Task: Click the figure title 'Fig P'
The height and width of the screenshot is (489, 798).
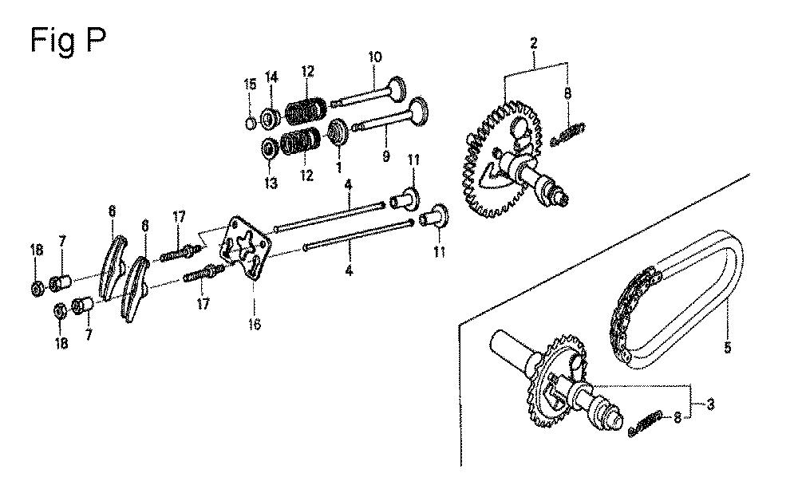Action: (68, 41)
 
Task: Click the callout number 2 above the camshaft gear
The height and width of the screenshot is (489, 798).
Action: (533, 43)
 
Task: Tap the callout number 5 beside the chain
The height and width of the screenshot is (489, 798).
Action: (727, 348)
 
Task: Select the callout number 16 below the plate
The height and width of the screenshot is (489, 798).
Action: (255, 324)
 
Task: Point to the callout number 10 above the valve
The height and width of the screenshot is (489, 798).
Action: (374, 57)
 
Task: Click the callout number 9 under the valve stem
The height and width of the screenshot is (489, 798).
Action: (385, 156)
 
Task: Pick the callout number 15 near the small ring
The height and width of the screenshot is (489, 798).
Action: (250, 85)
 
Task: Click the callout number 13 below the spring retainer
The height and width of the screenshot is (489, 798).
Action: (271, 183)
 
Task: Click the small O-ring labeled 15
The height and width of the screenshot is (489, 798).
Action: (250, 123)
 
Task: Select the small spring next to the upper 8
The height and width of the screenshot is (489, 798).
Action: (568, 133)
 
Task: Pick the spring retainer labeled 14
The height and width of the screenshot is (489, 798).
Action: (269, 118)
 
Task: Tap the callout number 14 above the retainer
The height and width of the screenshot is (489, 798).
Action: (271, 77)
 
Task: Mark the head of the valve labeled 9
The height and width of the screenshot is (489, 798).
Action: (417, 110)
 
